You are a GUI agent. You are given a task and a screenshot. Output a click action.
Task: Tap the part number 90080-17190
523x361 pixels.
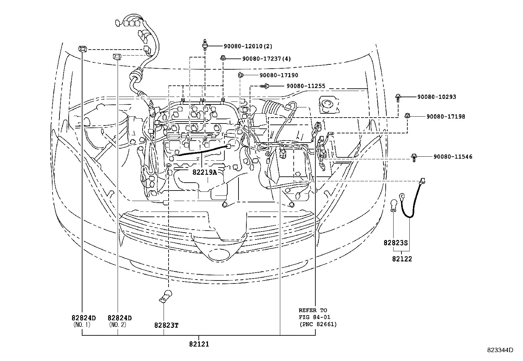tap(279, 75)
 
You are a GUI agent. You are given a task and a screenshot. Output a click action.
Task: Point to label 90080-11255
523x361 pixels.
tap(306, 86)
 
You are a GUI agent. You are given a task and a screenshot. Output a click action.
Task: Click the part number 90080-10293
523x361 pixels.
tap(437, 97)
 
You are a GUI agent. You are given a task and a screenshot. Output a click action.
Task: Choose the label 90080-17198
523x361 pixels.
tap(446, 116)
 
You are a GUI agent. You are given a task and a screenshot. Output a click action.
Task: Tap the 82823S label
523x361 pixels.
tap(396, 243)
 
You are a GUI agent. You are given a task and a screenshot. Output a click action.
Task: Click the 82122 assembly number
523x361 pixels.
tap(402, 259)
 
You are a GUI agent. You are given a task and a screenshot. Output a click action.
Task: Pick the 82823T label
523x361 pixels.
tap(166, 325)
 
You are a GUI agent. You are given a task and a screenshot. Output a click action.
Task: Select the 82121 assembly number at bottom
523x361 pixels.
tap(199, 344)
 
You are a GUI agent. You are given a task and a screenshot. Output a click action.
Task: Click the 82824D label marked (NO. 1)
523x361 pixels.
tap(83, 318)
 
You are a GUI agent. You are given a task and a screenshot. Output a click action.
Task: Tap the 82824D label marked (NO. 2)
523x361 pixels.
tap(120, 318)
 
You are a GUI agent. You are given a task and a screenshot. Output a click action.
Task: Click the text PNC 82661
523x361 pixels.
tap(318, 325)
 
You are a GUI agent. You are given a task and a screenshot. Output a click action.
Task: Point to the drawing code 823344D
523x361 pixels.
tap(500, 350)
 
